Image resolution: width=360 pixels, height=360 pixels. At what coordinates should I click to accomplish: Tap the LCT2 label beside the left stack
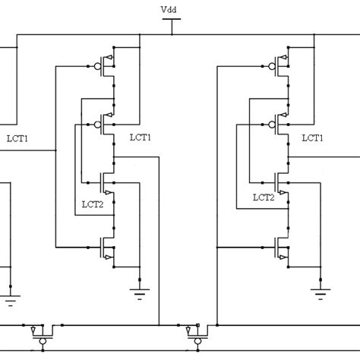[93, 204]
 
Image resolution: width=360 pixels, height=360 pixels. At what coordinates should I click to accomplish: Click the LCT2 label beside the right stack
[264, 197]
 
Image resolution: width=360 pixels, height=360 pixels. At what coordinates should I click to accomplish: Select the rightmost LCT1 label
[313, 137]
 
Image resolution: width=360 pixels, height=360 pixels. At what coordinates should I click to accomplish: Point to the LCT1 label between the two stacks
[141, 137]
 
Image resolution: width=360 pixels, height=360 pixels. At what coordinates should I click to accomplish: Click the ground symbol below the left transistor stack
[140, 293]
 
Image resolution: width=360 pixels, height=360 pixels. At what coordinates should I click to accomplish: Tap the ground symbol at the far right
[321, 293]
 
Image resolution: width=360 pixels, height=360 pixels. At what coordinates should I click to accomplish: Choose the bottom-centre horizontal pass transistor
[193, 333]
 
